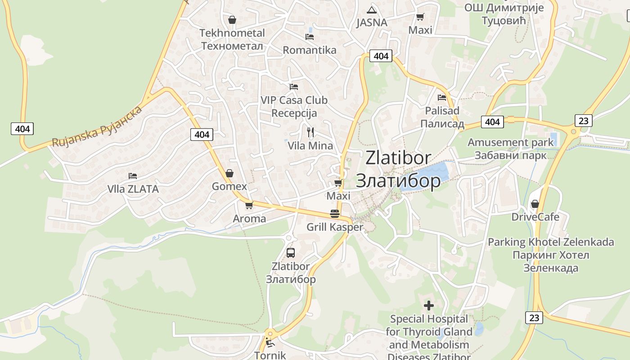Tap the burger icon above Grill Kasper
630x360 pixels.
click(335, 214)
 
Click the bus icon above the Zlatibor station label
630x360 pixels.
click(291, 252)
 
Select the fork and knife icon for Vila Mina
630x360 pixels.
click(310, 132)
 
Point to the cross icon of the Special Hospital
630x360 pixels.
click(429, 306)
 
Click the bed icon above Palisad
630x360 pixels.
click(442, 97)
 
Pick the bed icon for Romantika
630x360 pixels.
click(310, 37)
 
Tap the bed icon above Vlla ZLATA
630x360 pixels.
click(133, 175)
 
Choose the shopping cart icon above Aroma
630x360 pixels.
click(249, 205)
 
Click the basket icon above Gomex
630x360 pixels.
click(229, 173)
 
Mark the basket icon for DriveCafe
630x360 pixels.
click(535, 204)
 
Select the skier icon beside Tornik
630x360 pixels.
click(270, 343)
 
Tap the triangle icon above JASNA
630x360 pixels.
click(371, 10)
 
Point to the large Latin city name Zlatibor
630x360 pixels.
click(398, 158)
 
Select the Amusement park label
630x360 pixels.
click(511, 143)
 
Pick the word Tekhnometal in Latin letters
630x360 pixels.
click(232, 33)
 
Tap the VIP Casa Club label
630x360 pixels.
click(294, 100)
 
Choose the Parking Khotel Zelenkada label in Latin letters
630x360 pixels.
click(551, 242)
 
